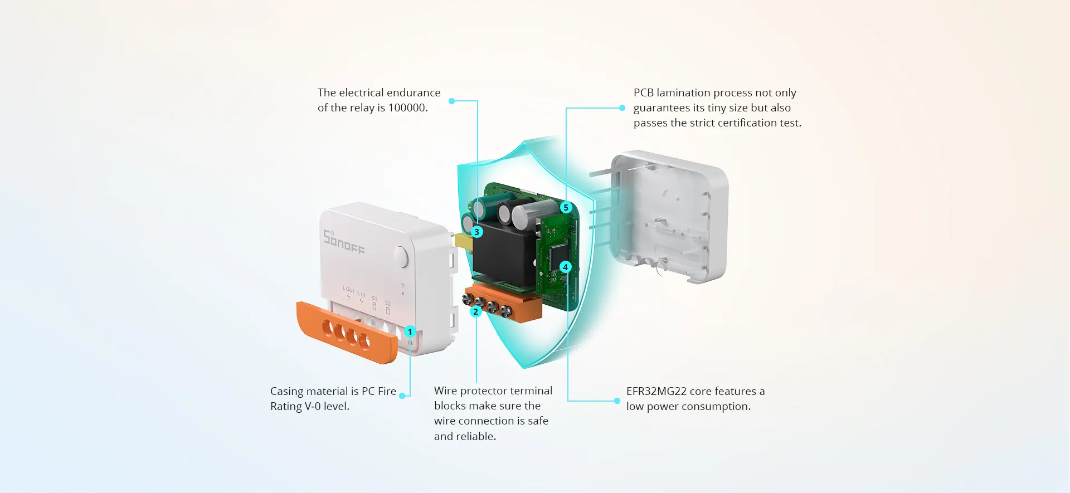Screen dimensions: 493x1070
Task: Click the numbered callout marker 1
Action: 410,332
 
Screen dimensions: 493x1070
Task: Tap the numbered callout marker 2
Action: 475,311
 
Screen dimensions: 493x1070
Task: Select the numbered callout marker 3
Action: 476,232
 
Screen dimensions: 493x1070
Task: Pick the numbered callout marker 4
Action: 565,267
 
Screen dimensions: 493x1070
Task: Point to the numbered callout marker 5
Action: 566,208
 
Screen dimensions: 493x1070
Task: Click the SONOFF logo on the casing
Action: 343,242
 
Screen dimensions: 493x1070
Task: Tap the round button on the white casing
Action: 401,256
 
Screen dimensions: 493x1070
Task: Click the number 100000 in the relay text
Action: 407,108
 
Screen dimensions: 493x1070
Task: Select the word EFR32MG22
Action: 656,391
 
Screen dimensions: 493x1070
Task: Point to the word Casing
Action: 287,391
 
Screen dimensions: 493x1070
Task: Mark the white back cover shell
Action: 669,217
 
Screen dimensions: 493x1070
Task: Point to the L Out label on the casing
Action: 348,289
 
